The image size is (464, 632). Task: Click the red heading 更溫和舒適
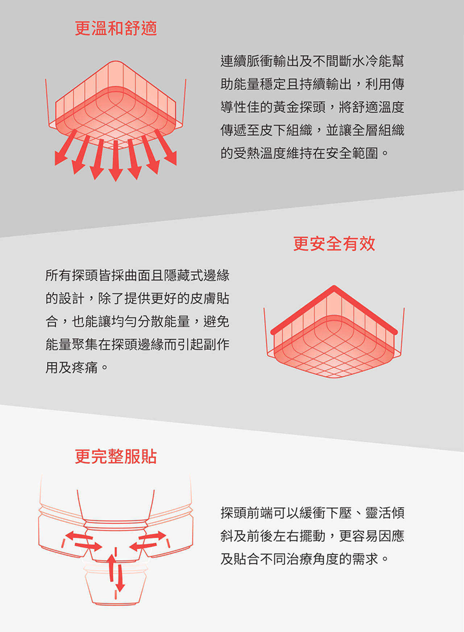[116, 28]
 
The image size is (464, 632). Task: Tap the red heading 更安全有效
[334, 243]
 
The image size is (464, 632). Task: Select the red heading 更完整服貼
[116, 456]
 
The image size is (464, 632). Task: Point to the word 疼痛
[85, 368]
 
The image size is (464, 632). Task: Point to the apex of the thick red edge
[334, 288]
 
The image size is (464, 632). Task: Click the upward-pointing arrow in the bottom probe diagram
[112, 568]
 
